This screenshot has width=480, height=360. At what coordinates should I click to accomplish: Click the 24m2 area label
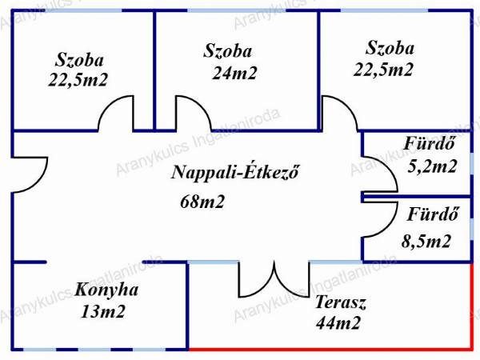click(x=234, y=74)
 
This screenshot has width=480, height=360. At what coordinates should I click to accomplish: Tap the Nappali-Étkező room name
click(x=234, y=172)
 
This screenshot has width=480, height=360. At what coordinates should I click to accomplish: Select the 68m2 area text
click(x=202, y=202)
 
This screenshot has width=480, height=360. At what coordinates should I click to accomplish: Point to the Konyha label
click(x=106, y=290)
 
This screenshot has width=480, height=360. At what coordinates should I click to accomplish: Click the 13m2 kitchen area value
click(x=103, y=312)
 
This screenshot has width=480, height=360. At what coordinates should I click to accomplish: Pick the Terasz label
click(x=341, y=302)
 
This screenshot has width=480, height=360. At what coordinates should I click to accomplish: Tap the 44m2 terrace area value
click(x=338, y=323)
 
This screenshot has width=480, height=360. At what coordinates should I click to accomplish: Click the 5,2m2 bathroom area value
click(x=432, y=166)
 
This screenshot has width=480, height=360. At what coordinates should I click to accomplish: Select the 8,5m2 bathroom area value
click(x=426, y=242)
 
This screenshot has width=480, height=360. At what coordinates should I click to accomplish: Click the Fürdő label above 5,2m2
click(x=429, y=143)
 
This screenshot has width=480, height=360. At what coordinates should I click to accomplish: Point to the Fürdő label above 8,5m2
click(x=433, y=214)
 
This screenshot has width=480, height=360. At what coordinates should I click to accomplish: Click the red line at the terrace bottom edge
click(x=330, y=349)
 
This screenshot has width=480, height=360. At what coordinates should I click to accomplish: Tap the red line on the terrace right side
click(x=471, y=306)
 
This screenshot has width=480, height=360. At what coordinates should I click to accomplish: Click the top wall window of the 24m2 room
click(x=236, y=10)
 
